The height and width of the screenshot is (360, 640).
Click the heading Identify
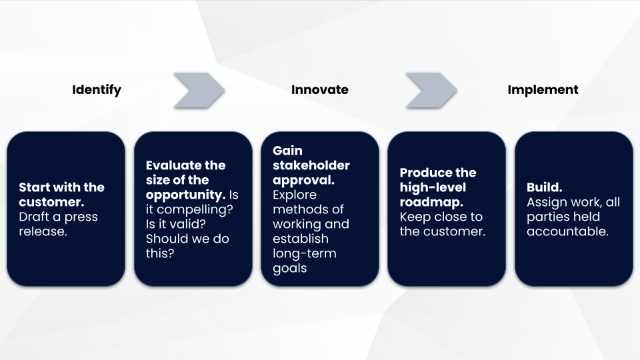(x=97, y=90)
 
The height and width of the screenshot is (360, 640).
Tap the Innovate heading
(x=319, y=90)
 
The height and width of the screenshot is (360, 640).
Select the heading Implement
(x=543, y=90)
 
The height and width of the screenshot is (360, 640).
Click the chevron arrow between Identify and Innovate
(x=199, y=90)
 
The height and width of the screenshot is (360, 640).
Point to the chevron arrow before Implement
(x=431, y=90)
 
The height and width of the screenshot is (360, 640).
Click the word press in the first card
(x=81, y=217)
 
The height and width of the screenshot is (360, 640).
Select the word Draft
(x=34, y=217)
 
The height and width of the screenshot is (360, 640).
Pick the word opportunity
(x=186, y=195)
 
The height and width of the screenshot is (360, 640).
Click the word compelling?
(x=195, y=210)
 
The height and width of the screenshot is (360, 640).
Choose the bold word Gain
(x=288, y=151)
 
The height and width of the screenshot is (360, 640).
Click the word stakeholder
(x=311, y=165)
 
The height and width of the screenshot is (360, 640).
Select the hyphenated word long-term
(x=305, y=253)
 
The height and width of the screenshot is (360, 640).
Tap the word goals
(x=290, y=269)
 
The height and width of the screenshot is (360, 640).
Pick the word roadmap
(x=431, y=203)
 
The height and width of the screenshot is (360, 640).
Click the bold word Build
(x=545, y=187)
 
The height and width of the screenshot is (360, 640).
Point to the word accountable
(x=568, y=231)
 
